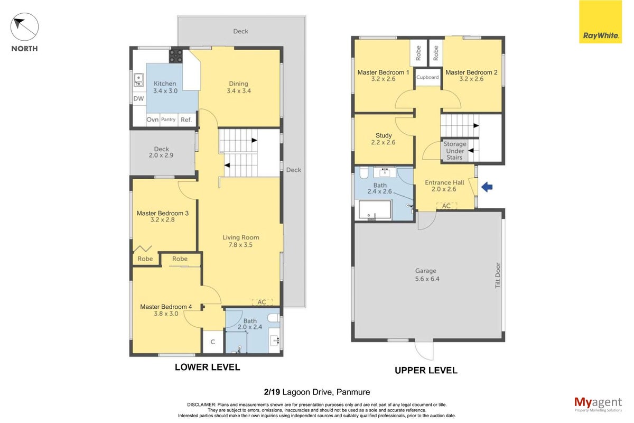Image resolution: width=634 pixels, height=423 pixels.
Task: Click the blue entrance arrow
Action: point(487,187)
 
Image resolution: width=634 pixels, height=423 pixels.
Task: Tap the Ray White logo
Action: point(600,22)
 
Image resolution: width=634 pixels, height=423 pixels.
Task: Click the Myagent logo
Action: point(598,404)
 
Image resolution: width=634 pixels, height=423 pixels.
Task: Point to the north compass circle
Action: point(25,27)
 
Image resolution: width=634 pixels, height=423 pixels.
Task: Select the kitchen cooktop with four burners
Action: point(176,56)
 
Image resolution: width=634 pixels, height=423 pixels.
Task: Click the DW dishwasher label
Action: point(138,98)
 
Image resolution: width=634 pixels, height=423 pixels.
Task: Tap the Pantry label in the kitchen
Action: point(168,119)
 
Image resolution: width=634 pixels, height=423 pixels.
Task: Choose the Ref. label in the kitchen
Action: point(186,120)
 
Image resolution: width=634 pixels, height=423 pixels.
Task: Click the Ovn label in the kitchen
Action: point(153,120)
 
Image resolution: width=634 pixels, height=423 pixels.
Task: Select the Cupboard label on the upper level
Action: point(427,77)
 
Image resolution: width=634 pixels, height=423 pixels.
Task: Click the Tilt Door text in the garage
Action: point(498,275)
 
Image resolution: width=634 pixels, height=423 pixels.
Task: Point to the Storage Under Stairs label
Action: point(454,151)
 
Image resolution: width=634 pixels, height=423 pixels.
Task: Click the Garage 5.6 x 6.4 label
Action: point(427,275)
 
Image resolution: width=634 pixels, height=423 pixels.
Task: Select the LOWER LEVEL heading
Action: point(208,367)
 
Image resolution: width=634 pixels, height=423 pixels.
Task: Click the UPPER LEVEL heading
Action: point(426,370)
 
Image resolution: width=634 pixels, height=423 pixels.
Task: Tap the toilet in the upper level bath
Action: point(363,172)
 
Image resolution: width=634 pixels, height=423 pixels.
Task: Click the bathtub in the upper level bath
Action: point(375,210)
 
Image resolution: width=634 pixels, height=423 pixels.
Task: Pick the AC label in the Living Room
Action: point(262,302)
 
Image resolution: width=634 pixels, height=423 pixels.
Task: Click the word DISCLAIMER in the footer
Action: point(201,405)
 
